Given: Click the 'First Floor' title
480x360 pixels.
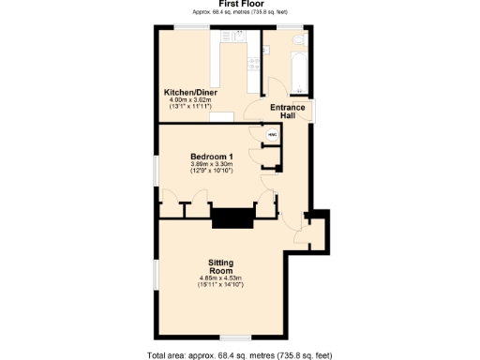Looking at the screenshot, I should [x=239, y=5].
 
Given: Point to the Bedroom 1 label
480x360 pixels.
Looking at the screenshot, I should [x=210, y=156].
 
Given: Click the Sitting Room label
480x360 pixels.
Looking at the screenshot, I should [x=221, y=265].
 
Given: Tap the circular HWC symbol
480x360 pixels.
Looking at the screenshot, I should [x=273, y=135].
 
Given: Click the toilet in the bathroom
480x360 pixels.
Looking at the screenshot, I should [x=298, y=42].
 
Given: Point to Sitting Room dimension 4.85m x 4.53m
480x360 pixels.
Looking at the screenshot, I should [x=221, y=277].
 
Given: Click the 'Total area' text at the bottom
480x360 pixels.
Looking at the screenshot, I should [x=239, y=354].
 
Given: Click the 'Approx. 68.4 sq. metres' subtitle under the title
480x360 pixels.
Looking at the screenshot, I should [x=239, y=13].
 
